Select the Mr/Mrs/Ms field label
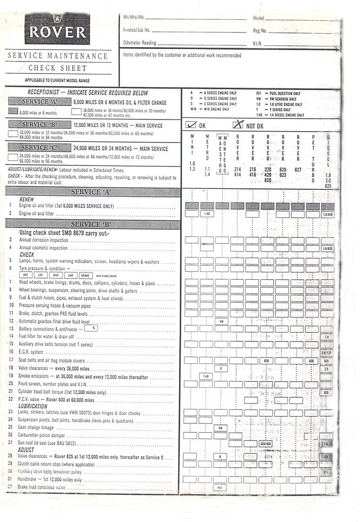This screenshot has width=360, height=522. pyautogui.click(x=134, y=18)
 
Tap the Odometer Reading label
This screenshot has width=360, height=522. pyautogui.click(x=140, y=43)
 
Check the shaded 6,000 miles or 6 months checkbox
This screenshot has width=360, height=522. pyautogui.click(x=14, y=112)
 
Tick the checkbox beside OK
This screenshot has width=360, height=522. pyautogui.click(x=191, y=125)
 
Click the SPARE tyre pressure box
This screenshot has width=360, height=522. pyautogui.click(x=86, y=275)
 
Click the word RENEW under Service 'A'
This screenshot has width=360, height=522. pyautogui.click(x=27, y=199)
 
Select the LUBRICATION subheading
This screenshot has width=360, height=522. pyautogui.click(x=33, y=406)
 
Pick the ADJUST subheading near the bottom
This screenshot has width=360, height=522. pyautogui.click(x=26, y=449)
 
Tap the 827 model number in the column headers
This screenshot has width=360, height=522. pyautogui.click(x=297, y=170)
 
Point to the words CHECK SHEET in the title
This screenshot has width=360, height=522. pyautogui.click(x=57, y=68)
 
